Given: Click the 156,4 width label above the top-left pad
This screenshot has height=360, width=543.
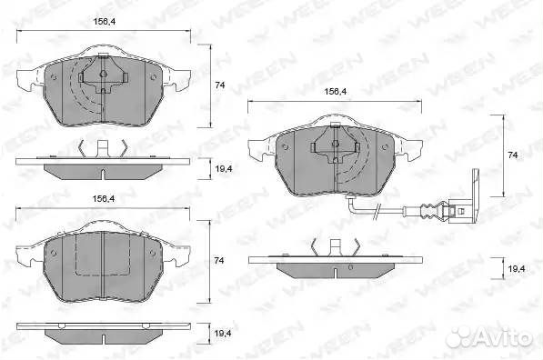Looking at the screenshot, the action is (x=105, y=22).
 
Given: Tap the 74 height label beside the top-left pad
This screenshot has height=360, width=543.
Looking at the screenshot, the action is (x=220, y=85).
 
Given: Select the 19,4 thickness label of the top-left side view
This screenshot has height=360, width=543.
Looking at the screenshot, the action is (x=224, y=169).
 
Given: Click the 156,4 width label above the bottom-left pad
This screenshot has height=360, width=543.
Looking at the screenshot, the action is (x=104, y=199).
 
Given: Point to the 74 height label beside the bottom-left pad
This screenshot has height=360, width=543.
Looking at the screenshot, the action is (x=219, y=260).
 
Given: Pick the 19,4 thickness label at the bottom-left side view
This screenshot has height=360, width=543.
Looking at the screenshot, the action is (x=223, y=334).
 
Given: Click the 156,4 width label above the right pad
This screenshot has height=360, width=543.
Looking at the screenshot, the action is (x=336, y=92).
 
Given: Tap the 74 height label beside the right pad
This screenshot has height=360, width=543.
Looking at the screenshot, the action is (x=512, y=155).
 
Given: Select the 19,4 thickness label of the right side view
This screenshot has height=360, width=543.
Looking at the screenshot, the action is (x=517, y=268).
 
